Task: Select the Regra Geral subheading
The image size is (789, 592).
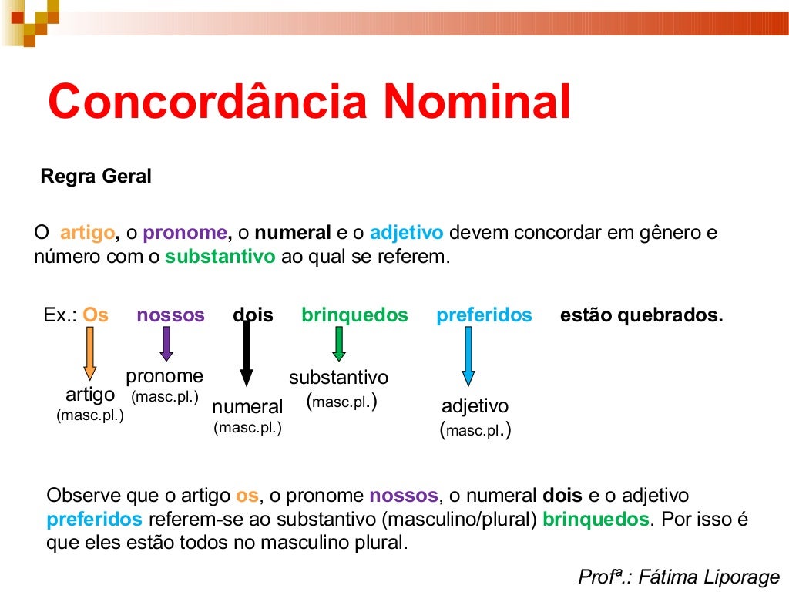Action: click(96, 177)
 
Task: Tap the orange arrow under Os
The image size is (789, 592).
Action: click(90, 352)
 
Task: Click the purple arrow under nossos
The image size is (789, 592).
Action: click(166, 344)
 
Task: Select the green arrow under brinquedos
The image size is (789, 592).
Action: click(338, 344)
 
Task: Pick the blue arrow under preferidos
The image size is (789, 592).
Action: click(468, 355)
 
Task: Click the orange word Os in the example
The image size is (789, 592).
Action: click(96, 315)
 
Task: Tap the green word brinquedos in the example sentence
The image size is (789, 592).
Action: click(354, 315)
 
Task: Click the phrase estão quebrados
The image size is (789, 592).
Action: click(642, 315)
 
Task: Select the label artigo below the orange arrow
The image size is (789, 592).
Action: click(90, 395)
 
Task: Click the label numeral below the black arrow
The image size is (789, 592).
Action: click(247, 406)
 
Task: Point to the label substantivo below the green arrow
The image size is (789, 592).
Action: click(339, 378)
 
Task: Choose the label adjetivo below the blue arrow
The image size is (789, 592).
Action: click(475, 406)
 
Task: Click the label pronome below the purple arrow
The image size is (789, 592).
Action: click(165, 376)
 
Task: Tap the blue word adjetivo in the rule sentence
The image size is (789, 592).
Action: click(407, 233)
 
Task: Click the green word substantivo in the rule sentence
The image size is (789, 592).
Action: click(220, 257)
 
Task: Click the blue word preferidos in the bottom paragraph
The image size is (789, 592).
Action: click(95, 518)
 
